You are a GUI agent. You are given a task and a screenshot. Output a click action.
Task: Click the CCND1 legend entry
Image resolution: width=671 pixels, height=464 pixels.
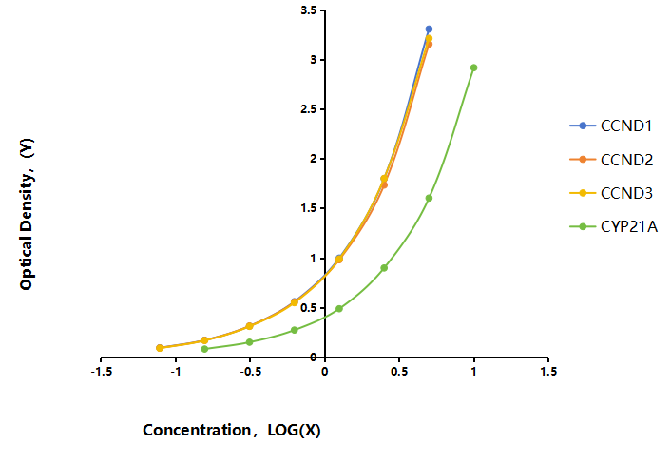pos(611,126)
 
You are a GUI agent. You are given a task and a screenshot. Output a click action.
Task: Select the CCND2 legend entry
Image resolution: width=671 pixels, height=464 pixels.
pos(611,160)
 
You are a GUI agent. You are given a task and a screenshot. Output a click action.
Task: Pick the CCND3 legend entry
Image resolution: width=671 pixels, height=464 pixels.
pos(611,193)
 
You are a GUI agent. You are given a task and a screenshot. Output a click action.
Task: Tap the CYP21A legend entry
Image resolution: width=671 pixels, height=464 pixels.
pos(613,226)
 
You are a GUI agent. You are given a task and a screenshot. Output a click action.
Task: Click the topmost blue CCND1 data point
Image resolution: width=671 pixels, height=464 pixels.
pos(429,29)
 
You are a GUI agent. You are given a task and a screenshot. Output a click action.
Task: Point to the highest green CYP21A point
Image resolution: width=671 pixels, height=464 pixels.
pos(473,68)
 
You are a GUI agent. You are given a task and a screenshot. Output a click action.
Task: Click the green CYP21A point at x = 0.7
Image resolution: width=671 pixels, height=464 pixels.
pos(429,198)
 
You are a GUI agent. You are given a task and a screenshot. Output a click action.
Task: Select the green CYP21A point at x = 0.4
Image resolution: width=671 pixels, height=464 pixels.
pos(384,268)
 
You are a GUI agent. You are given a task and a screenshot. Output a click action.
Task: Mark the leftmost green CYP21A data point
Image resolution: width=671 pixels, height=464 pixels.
pos(204,349)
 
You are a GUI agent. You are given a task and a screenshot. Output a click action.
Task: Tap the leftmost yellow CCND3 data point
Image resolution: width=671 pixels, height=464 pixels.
pos(160,348)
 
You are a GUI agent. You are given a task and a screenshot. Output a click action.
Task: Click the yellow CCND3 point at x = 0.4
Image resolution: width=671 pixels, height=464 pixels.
pos(384,179)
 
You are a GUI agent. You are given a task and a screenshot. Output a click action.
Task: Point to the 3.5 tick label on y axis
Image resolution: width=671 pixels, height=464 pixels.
pos(309,10)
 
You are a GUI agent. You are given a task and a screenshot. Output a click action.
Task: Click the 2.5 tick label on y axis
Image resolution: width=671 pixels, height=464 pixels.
pos(309,109)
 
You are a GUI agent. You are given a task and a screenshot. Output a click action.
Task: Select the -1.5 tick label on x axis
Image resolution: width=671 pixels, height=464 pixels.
pos(102,372)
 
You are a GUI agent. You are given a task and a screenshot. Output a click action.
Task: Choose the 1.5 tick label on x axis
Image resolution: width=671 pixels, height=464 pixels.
pos(548,372)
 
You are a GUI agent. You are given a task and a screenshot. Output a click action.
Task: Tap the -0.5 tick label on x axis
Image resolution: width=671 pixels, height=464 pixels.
pos(250,372)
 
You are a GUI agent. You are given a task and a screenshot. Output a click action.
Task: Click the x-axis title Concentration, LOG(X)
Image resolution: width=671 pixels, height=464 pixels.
pos(232,430)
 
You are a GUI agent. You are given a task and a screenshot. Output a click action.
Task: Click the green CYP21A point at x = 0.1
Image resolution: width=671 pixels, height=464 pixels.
pos(339,309)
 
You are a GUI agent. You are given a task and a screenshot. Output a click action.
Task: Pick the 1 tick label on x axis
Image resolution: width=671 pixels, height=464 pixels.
pos(473,372)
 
